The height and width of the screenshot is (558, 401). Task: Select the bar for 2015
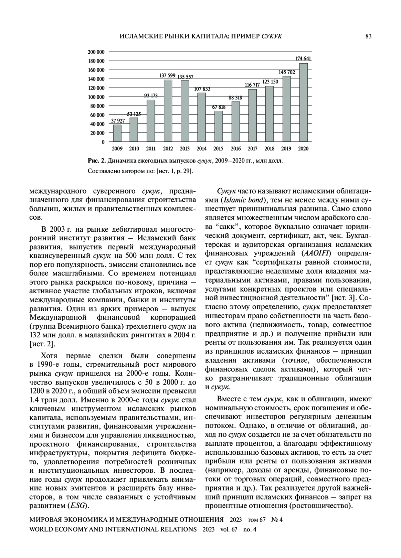coord(219,126)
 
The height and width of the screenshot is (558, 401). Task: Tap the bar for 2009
coord(117,133)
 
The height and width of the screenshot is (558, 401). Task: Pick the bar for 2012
coord(168,111)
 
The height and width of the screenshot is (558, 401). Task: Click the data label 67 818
coord(219,107)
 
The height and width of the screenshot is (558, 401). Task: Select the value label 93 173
coord(151,96)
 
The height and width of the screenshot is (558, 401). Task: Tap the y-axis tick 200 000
coord(96,52)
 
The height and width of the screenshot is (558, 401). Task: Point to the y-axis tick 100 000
coord(96,97)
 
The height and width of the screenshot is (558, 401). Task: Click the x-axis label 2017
coord(253,149)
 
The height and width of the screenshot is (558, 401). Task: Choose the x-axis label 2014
coord(202,149)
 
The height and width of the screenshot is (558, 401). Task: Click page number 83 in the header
coord(368,36)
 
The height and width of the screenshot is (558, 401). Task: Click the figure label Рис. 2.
coord(97,161)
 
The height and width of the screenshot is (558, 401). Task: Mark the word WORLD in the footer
coord(41,529)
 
